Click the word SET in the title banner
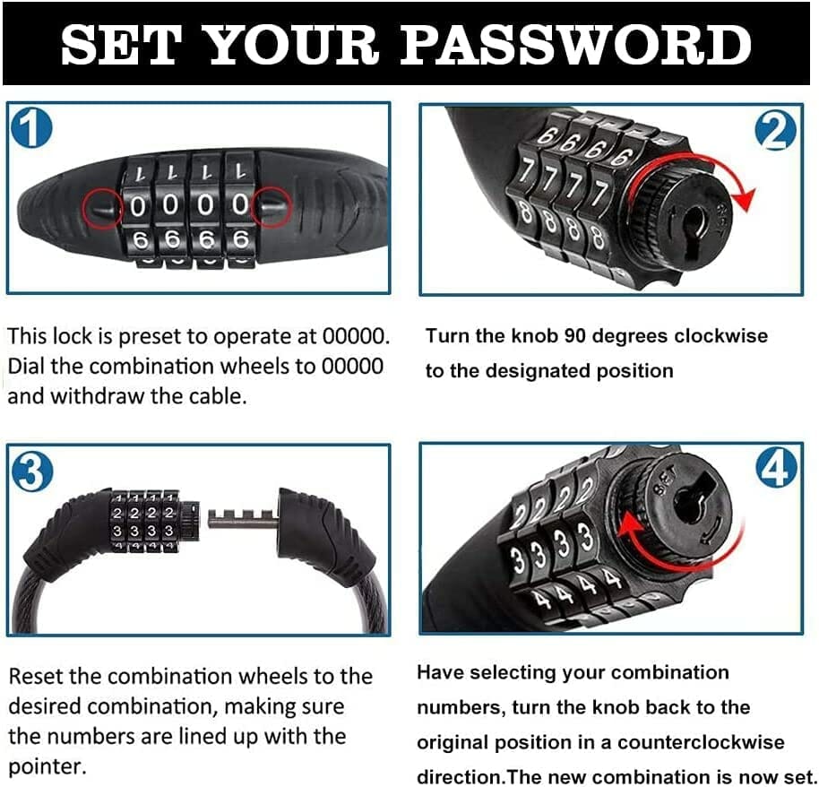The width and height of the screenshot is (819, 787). pos(121,45)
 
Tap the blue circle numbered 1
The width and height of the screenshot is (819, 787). pos(32,128)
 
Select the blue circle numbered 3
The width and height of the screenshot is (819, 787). pos(32,471)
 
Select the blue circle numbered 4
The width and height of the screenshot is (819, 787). pos(777,467)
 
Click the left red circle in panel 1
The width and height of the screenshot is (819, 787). pos(103,209)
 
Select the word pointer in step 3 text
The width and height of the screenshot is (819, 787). pos(47,767)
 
